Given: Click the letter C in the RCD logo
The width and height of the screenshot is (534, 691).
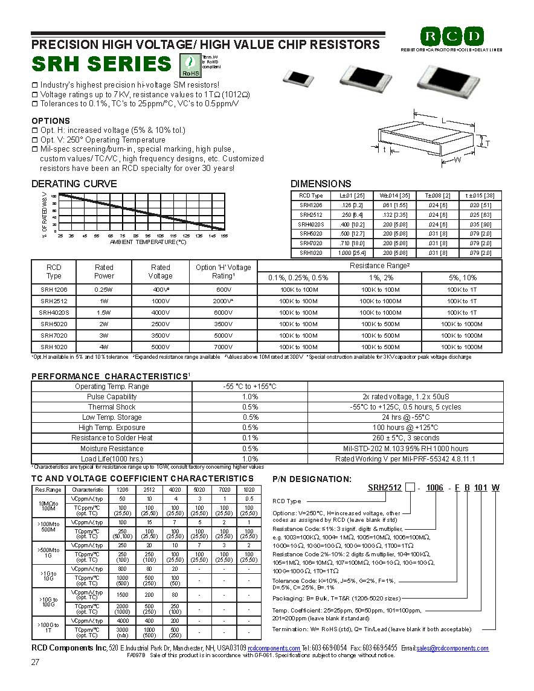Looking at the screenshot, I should click(x=452, y=36).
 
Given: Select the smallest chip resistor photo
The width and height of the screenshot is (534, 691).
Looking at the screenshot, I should click(x=300, y=77).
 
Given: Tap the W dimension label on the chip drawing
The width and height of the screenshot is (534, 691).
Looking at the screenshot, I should click(x=457, y=159).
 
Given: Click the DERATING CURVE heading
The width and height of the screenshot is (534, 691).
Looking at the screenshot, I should click(x=74, y=184).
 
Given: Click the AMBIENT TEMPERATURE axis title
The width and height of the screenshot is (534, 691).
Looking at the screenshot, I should click(x=148, y=242).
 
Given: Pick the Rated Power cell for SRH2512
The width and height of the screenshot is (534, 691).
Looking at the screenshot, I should click(x=104, y=301).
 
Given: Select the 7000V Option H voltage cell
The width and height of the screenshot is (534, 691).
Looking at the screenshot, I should click(x=223, y=347).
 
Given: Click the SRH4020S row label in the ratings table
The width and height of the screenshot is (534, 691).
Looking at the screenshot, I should click(x=54, y=312).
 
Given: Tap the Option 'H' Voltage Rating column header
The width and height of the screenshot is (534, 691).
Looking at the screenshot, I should click(x=223, y=271).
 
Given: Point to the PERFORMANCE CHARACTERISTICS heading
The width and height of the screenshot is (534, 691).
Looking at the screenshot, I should click(x=109, y=376).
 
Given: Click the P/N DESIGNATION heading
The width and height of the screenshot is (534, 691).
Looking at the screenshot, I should click(x=312, y=479).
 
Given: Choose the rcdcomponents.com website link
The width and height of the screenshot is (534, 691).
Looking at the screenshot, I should click(x=274, y=648).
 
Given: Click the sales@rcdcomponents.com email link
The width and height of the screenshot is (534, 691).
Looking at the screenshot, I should click(x=452, y=648).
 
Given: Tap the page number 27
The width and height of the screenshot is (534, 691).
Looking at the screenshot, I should click(x=36, y=663).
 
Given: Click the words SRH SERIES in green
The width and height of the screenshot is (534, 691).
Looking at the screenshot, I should click(x=101, y=63).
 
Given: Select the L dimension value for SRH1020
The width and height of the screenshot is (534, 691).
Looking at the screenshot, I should click(x=352, y=253).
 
